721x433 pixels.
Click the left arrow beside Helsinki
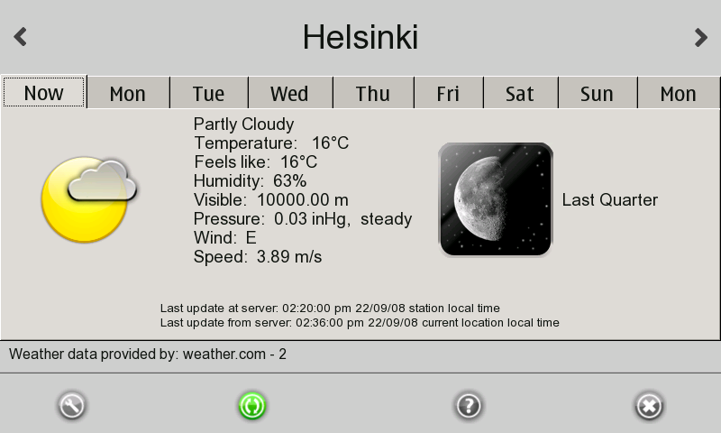(x=20, y=37)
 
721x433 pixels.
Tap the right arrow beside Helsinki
(x=701, y=37)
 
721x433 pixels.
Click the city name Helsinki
(x=360, y=37)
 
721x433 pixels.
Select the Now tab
(x=43, y=93)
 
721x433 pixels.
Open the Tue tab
(x=209, y=94)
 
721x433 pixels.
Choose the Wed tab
(x=289, y=94)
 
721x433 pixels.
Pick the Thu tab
(x=373, y=94)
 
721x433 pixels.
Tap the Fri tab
(x=448, y=94)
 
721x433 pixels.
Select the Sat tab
(x=520, y=94)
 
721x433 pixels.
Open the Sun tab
(x=597, y=94)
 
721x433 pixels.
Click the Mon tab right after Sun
(x=679, y=94)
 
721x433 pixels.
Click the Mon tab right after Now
(x=128, y=94)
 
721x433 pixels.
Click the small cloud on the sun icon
(x=102, y=180)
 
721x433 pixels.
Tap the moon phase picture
(x=495, y=199)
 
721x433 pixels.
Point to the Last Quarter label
(x=610, y=199)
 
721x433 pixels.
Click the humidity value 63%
(x=289, y=180)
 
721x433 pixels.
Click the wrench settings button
(x=72, y=406)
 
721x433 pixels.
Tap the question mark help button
(x=469, y=406)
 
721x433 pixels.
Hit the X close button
(x=649, y=406)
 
